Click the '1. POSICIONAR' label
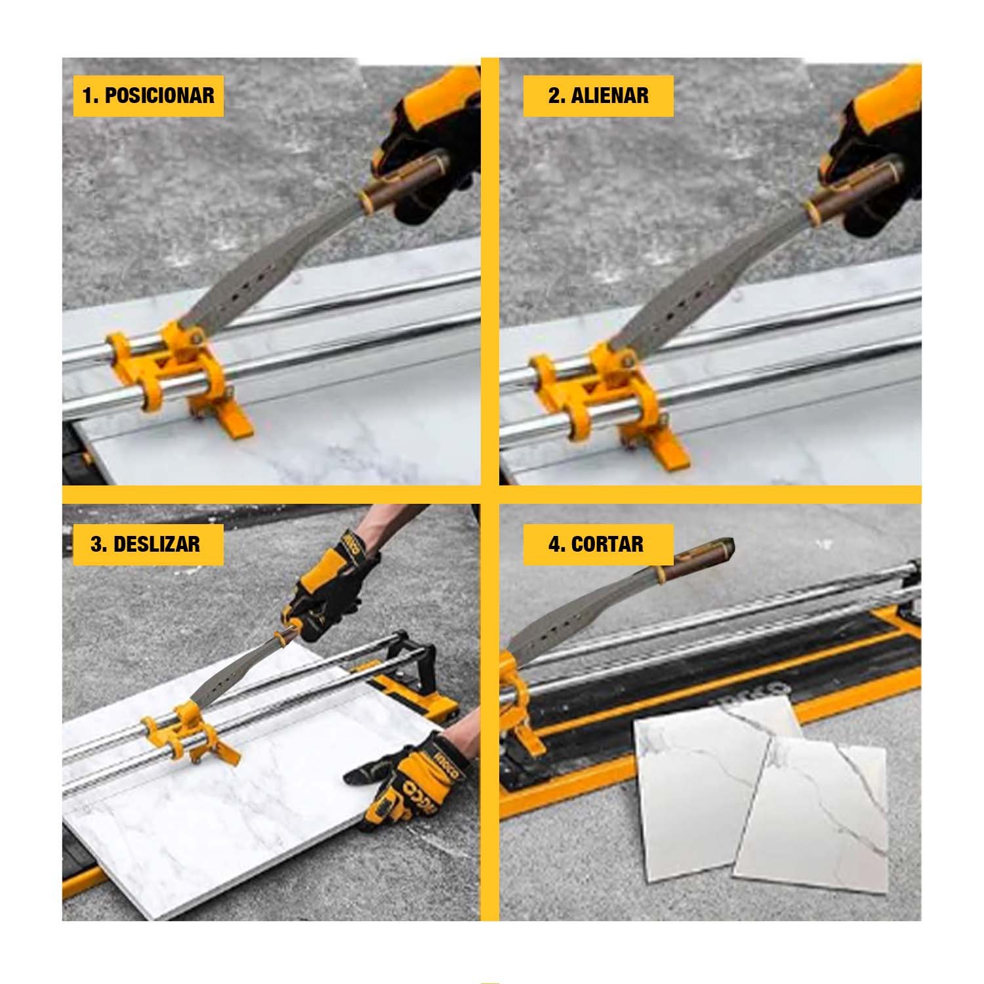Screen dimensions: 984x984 pyautogui.click(x=148, y=96)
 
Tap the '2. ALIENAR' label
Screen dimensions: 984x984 pyautogui.click(x=598, y=96)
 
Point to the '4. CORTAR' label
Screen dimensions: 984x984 pyautogui.click(x=596, y=544)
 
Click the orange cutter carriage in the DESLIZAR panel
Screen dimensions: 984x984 pyautogui.click(x=187, y=731)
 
